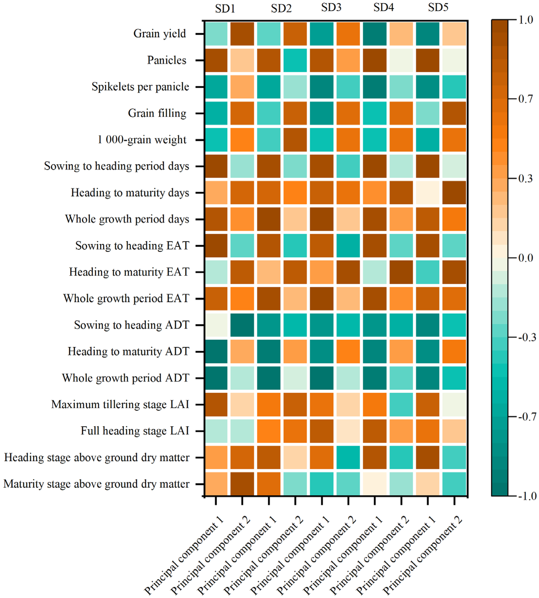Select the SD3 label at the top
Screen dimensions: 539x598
pyautogui.click(x=331, y=7)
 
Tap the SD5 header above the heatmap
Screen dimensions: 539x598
pyautogui.click(x=438, y=7)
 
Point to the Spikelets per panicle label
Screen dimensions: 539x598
pyautogui.click(x=140, y=87)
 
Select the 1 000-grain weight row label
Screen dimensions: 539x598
pyautogui.click(x=142, y=140)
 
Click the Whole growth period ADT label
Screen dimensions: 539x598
pyautogui.click(x=126, y=378)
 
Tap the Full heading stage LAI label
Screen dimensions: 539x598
pyautogui.click(x=135, y=431)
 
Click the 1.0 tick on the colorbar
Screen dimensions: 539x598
pyautogui.click(x=526, y=20)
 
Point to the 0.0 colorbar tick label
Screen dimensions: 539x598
pyautogui.click(x=526, y=258)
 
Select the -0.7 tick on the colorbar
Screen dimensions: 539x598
pyautogui.click(x=527, y=417)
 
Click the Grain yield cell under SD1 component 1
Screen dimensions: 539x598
pyautogui.click(x=216, y=34)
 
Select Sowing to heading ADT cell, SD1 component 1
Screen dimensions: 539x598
pyautogui.click(x=216, y=325)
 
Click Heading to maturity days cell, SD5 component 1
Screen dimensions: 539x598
pyautogui.click(x=428, y=193)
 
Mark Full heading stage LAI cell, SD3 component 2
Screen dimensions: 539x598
pyautogui.click(x=348, y=431)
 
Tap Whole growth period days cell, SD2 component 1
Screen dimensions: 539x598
pyautogui.click(x=269, y=219)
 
